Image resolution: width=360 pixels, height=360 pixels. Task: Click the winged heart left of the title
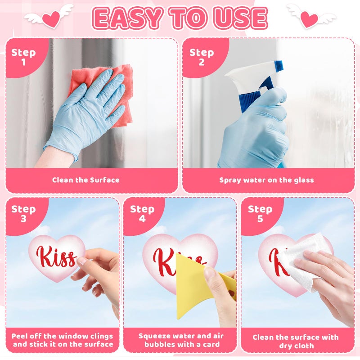tap(49, 18)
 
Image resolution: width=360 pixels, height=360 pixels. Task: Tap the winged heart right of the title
tap(310, 18)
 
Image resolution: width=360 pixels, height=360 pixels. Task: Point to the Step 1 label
tap(23, 57)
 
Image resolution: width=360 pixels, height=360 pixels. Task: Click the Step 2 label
tap(202, 57)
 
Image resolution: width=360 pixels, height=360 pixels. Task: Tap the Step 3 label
tap(23, 214)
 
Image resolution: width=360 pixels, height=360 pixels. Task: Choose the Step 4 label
tap(142, 214)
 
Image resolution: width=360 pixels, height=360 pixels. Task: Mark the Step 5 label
tap(260, 214)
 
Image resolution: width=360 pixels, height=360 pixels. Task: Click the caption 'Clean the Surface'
tap(85, 180)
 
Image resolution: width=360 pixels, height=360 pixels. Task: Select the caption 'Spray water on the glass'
tap(266, 180)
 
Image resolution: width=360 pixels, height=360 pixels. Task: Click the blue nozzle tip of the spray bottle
tap(279, 65)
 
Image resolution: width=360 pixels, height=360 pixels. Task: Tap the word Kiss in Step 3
tap(56, 256)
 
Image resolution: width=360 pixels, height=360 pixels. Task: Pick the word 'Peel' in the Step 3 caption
tap(19, 336)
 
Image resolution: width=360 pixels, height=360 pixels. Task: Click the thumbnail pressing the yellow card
tap(209, 273)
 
